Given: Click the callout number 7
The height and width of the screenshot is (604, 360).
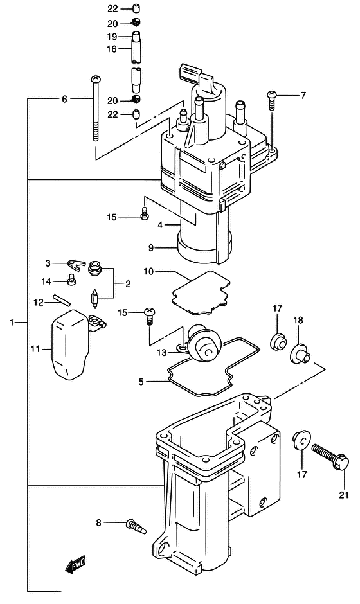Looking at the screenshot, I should point(303,96).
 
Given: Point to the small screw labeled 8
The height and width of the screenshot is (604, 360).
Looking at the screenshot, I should point(136,527).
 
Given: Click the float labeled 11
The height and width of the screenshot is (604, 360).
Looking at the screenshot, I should point(69,344).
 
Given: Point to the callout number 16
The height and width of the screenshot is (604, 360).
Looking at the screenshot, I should point(112,48).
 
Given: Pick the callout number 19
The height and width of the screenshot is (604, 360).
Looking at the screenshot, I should point(112,36).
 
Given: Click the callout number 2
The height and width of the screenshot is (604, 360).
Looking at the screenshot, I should point(128,283).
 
